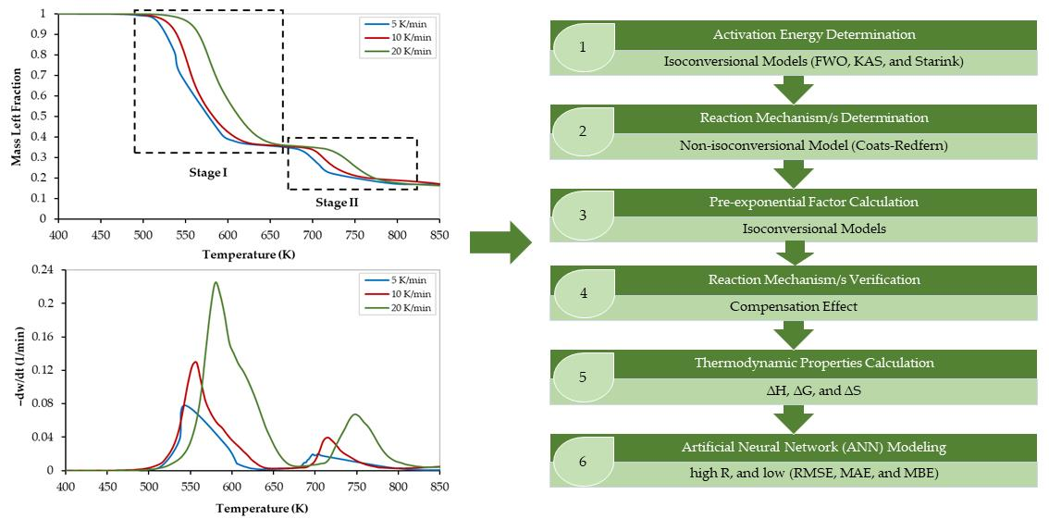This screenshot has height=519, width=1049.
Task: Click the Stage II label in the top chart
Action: pyautogui.click(x=336, y=203)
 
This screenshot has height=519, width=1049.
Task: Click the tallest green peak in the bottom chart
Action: pyautogui.click(x=216, y=283)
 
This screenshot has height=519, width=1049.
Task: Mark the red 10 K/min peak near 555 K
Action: pyautogui.click(x=195, y=362)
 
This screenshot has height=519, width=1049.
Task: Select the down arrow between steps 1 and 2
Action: pyautogui.click(x=793, y=91)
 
